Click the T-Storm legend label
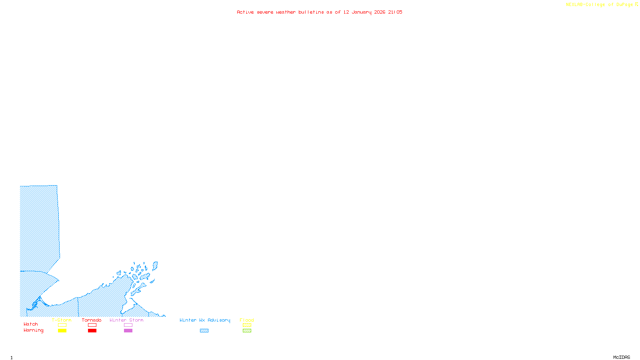coord(62,320)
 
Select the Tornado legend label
coord(92,320)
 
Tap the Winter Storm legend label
coord(126,320)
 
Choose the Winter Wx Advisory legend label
coord(205,320)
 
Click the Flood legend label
coord(247,320)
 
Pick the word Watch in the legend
coord(31,324)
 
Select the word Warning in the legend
coord(34,330)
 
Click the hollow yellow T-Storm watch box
coord(62,325)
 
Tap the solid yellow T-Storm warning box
coord(62,331)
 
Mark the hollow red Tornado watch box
coord(92,325)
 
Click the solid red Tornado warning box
coord(92,331)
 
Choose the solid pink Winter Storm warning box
coord(128,331)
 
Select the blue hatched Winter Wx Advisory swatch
coord(204,331)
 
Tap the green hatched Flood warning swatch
coord(247,331)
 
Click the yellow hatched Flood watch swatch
coord(247,325)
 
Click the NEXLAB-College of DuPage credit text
coord(600,5)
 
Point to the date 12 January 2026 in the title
coord(364,12)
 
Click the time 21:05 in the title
coord(395,12)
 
